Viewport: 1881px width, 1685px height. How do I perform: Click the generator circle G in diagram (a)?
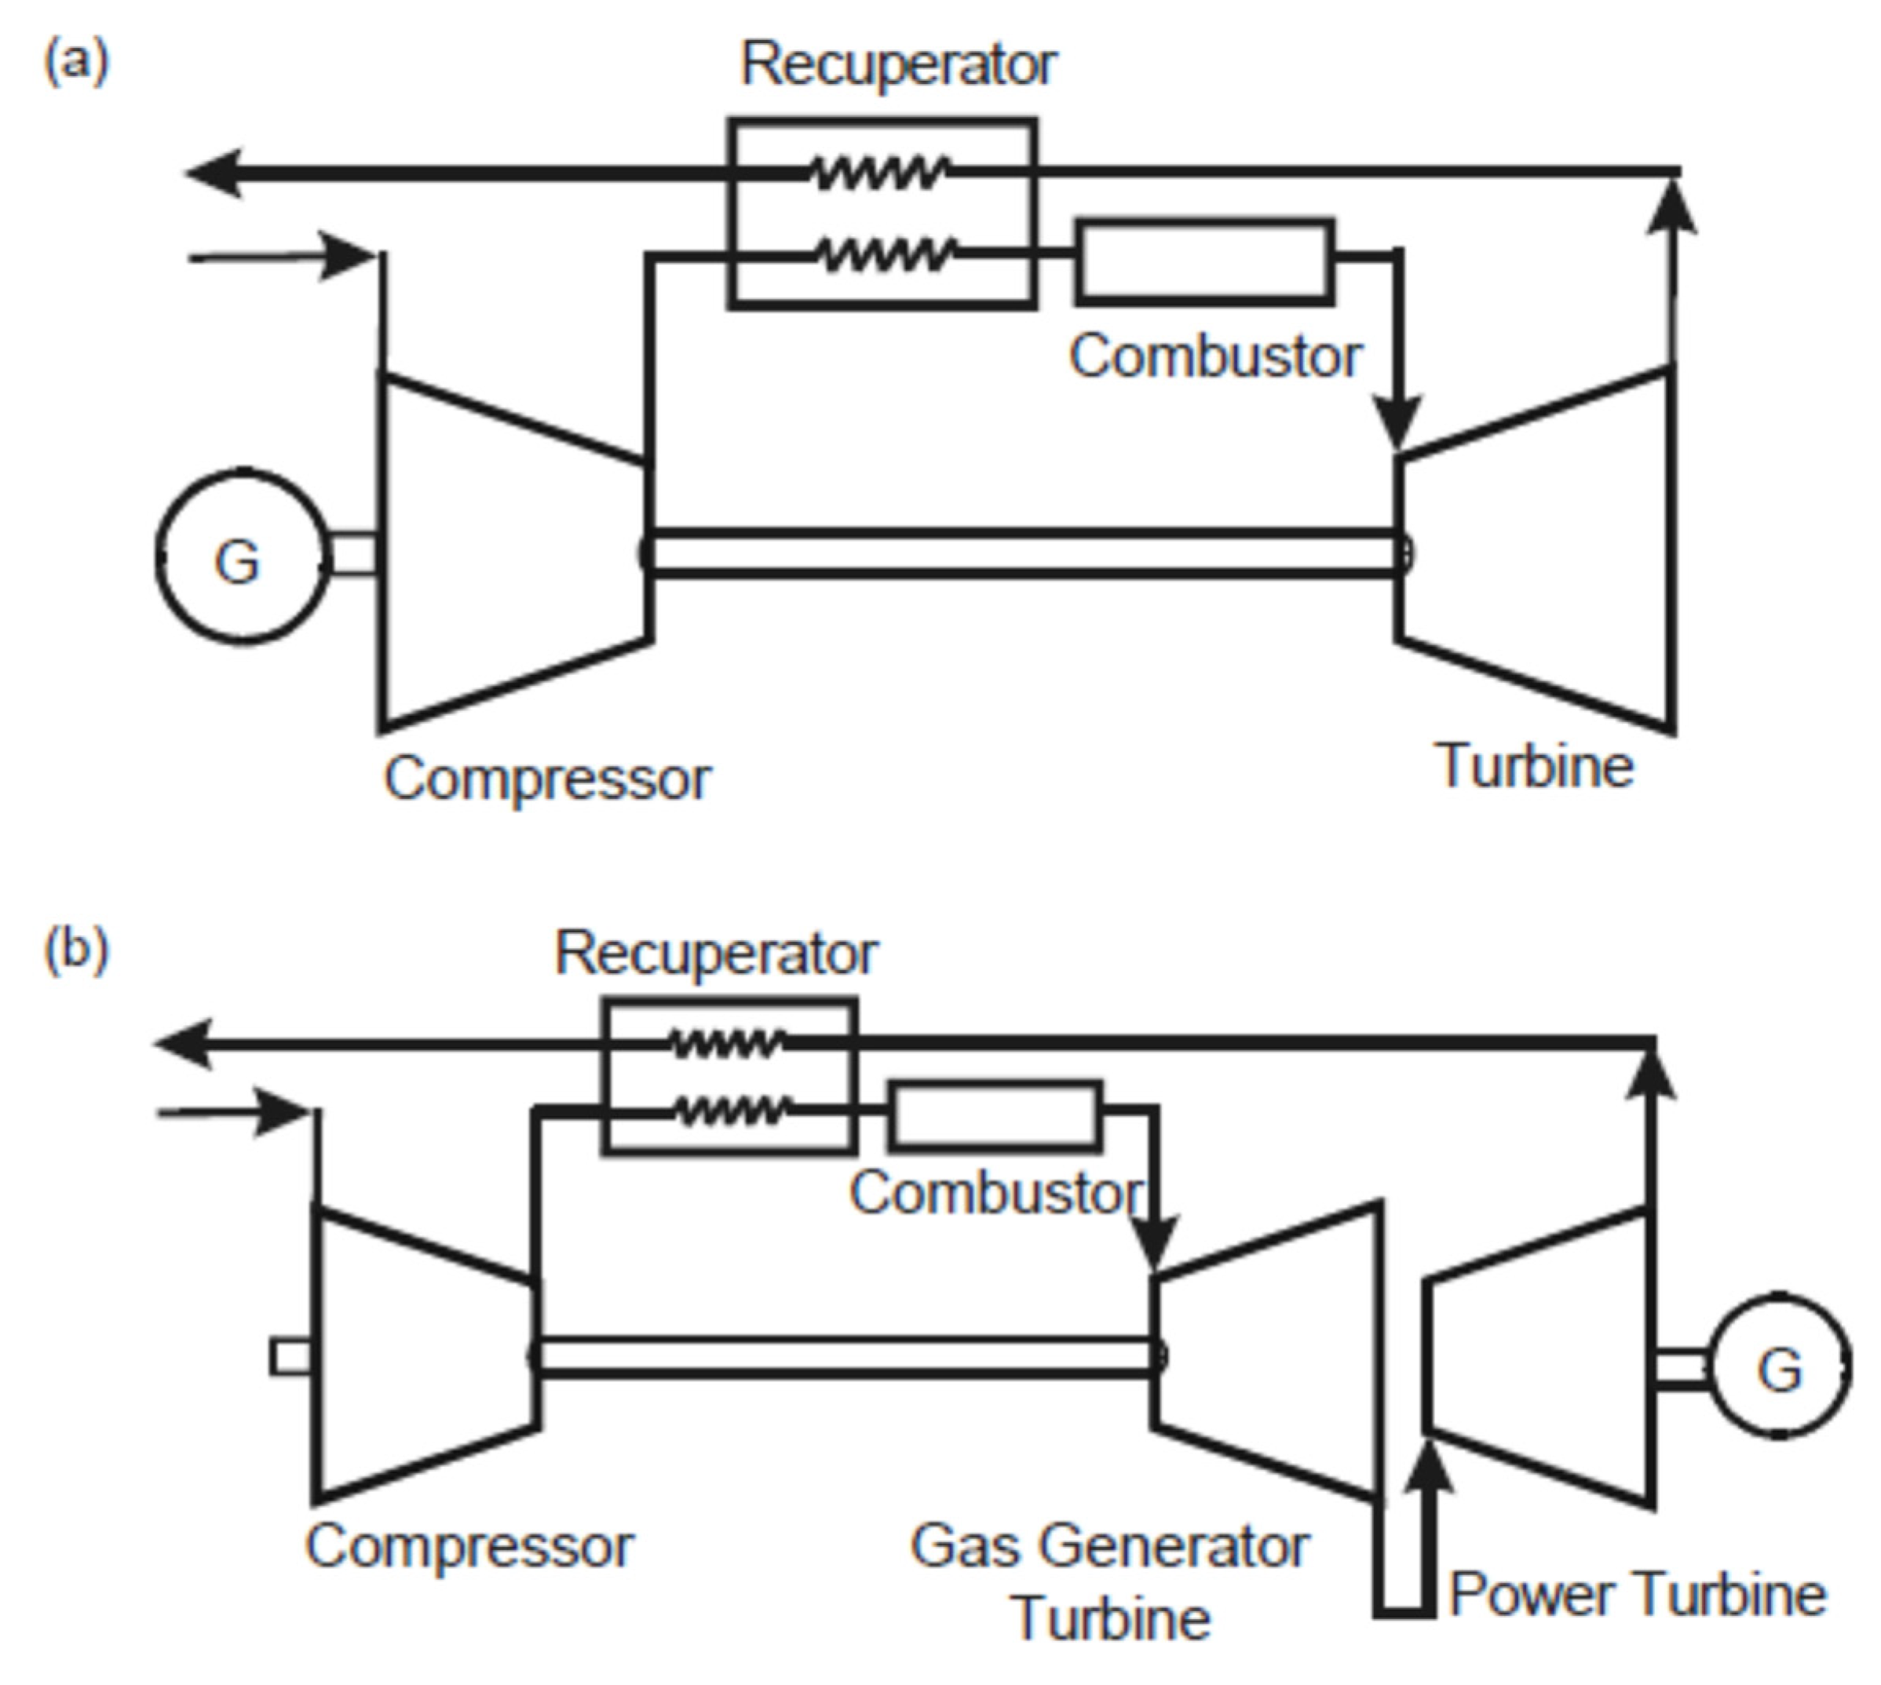click(x=242, y=556)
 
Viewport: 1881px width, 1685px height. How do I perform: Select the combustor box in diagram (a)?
click(x=1204, y=261)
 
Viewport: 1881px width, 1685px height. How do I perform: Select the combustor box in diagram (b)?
click(x=995, y=1117)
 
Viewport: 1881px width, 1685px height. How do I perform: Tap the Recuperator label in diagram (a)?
click(x=897, y=65)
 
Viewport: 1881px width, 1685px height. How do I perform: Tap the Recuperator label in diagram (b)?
click(x=715, y=953)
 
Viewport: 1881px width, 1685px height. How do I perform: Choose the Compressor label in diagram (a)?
click(x=547, y=779)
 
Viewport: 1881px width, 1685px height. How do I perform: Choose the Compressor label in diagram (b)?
click(x=469, y=1545)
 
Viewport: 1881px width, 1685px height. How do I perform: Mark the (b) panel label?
click(x=76, y=948)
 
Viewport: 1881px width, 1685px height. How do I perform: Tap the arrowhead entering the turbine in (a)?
click(x=1397, y=422)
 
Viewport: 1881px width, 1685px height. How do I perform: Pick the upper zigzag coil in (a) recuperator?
click(x=880, y=172)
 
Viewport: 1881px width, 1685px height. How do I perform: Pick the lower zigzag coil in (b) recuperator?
click(x=732, y=1109)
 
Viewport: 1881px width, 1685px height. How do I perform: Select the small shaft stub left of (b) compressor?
click(x=290, y=1357)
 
